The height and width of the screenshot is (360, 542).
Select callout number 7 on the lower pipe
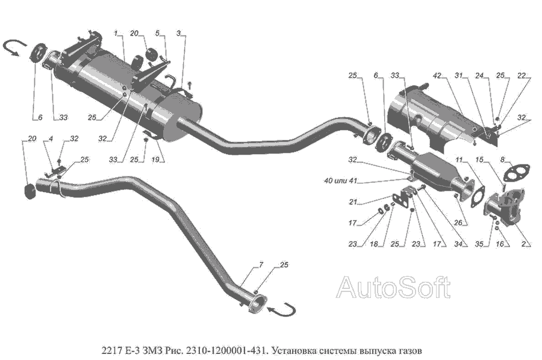(261, 265)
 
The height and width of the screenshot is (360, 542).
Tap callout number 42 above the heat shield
(438, 76)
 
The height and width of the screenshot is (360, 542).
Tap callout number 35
(479, 244)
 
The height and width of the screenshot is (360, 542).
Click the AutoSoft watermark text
(393, 288)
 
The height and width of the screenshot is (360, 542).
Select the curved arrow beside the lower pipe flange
(281, 310)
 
